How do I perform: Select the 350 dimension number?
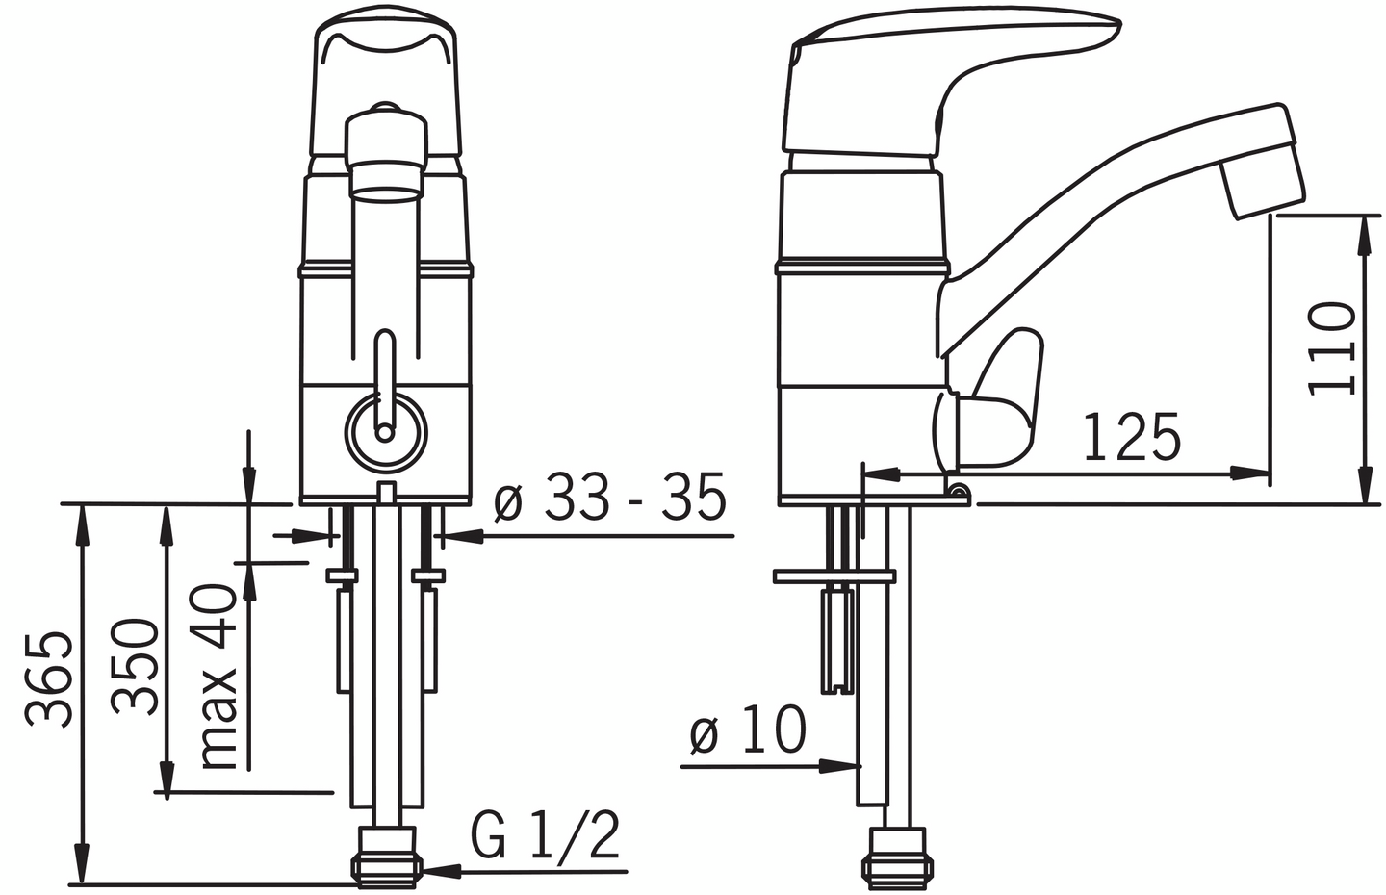click(x=135, y=666)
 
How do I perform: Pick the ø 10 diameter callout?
click(x=748, y=730)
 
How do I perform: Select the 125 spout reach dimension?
click(x=1132, y=438)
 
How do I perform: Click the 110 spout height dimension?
click(x=1332, y=348)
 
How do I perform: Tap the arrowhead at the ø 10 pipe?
click(x=844, y=766)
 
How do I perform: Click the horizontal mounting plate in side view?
click(x=835, y=576)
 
